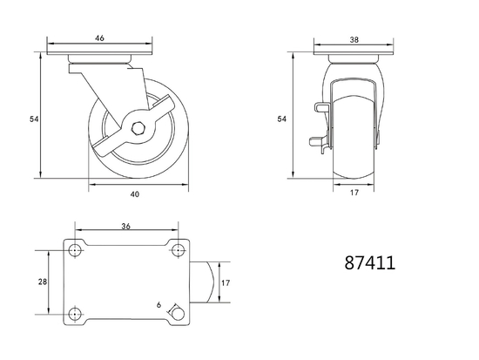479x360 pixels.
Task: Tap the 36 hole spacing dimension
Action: click(126, 226)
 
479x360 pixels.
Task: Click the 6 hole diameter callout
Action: click(159, 305)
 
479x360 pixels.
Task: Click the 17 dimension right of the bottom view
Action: click(225, 282)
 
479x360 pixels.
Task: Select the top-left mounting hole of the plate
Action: click(75, 251)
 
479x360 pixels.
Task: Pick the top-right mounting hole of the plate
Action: click(177, 251)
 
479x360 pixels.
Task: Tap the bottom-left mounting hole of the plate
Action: click(75, 314)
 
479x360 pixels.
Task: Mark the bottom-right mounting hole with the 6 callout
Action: click(177, 314)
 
